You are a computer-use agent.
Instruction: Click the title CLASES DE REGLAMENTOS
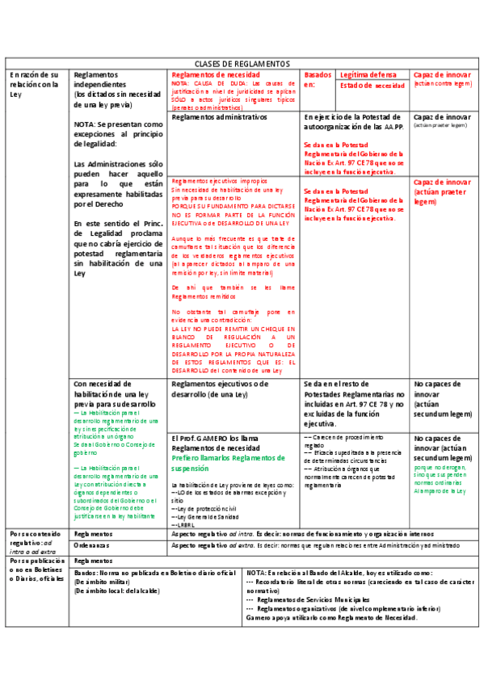coord(242,63)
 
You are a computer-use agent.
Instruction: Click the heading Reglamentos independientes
coord(100,79)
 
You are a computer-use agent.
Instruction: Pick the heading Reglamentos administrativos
coord(219,117)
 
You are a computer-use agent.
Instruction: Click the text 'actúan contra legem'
coord(442,83)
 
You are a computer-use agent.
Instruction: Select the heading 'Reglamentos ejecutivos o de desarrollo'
coord(220,389)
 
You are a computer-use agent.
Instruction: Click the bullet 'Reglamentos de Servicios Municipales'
coord(315,599)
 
